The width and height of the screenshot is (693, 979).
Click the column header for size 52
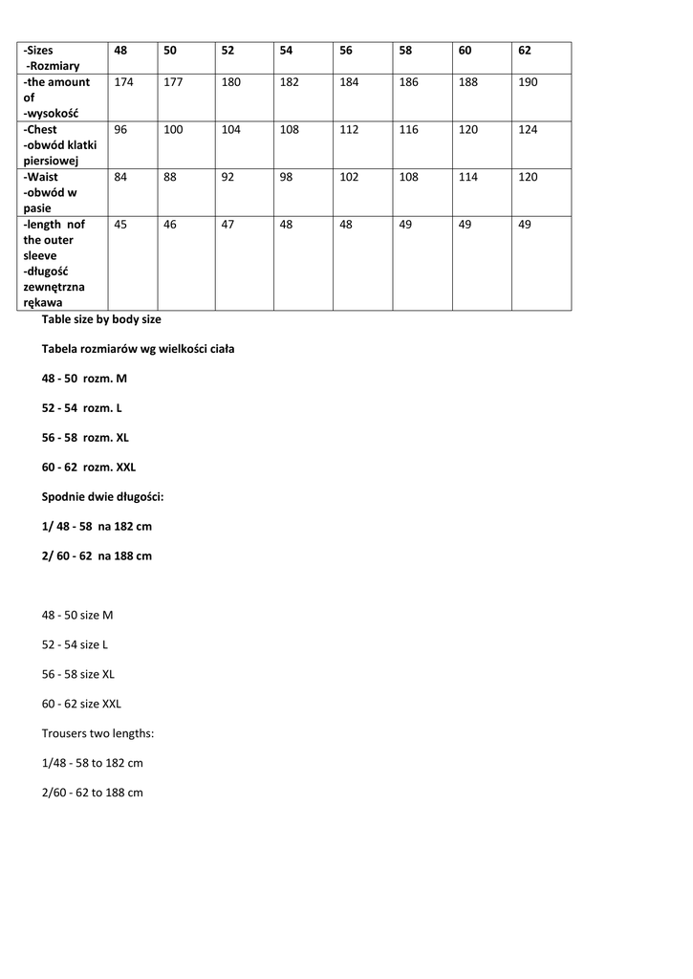coord(227,51)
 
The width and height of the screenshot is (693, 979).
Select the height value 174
coord(123,82)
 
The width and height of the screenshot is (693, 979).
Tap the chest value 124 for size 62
coord(528,130)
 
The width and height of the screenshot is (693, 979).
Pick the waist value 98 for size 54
coord(289,177)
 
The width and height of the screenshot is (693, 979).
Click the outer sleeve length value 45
coord(120,225)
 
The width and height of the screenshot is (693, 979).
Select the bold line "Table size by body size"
coord(101,319)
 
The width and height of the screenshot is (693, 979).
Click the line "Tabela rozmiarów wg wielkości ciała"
coord(138,349)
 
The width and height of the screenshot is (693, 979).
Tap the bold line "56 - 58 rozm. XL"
coord(85,438)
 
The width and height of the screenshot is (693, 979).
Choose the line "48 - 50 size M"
coord(77,615)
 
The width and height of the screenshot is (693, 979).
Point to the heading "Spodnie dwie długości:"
coord(103,497)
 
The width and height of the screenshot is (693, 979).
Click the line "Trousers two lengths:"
coord(97,733)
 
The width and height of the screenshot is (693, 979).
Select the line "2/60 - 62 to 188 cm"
coord(92,793)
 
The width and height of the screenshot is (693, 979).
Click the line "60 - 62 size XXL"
coord(81,704)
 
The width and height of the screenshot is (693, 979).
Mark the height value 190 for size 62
coord(528,82)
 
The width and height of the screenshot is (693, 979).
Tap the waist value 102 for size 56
coord(349,177)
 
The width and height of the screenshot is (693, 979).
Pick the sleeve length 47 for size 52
coord(227,225)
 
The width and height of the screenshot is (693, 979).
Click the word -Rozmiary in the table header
coord(54,66)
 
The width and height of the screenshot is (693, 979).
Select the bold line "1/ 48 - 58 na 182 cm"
coord(97,527)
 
